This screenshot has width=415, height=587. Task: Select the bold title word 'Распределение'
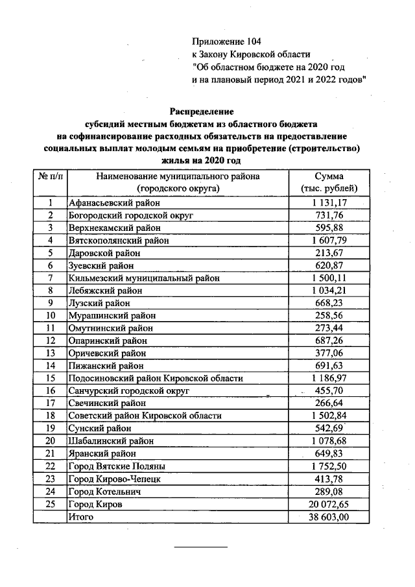(202, 112)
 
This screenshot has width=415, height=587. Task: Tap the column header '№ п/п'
(50, 176)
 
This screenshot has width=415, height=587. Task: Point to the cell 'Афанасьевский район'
(108, 202)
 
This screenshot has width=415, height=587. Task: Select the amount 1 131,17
(329, 202)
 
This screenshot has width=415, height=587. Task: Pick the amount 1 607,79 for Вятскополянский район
(329, 240)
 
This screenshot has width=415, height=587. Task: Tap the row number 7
(50, 278)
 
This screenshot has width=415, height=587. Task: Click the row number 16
(50, 391)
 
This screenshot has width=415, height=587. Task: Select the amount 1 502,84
(329, 416)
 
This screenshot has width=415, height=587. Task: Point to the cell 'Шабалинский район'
(102, 441)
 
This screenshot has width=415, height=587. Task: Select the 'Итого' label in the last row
(80, 516)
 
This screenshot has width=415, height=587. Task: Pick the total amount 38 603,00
(329, 516)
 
